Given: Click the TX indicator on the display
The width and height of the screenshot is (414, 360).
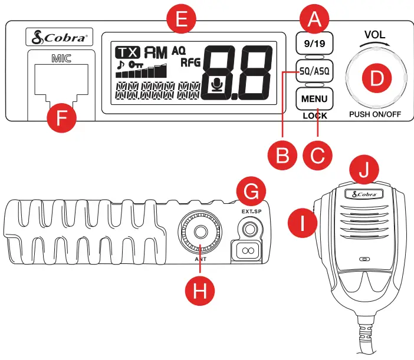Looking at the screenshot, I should click(x=127, y=52).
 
